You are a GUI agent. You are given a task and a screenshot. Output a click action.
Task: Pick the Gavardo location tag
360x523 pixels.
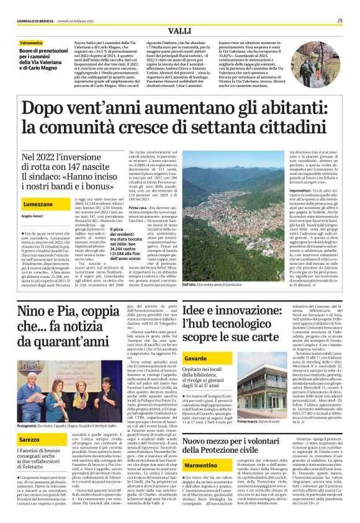(x=196, y=359)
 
